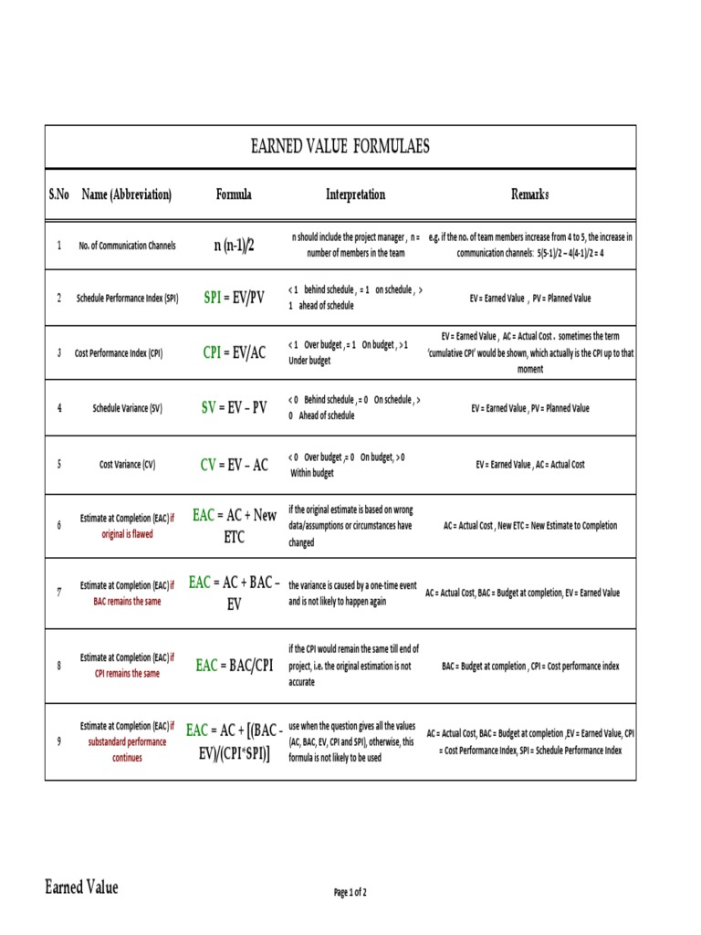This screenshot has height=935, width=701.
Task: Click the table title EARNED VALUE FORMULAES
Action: tap(340, 147)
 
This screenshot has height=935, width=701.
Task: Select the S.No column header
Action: tap(59, 194)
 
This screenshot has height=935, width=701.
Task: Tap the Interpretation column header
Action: tap(356, 194)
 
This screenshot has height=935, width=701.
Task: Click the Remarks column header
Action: tap(530, 194)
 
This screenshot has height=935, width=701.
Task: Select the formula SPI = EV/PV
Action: tap(234, 298)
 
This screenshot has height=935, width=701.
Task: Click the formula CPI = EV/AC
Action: tap(234, 352)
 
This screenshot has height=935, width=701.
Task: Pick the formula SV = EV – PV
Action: tap(234, 408)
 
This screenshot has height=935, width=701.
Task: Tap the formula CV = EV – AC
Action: tap(234, 464)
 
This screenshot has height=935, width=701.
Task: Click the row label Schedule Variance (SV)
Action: tap(127, 409)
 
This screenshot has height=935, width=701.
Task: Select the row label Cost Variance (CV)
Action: tap(127, 465)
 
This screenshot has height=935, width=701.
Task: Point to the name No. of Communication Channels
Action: tap(127, 246)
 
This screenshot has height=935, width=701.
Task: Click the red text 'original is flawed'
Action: tap(127, 534)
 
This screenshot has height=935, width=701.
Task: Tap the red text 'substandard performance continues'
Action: tap(127, 750)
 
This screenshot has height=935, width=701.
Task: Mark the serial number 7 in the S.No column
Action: tap(59, 593)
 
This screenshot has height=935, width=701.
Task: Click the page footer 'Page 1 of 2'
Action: tap(350, 892)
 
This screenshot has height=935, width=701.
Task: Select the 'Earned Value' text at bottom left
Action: tap(82, 887)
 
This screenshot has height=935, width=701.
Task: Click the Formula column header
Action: tap(234, 194)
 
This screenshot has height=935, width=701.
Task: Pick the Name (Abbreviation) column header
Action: tap(127, 194)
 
